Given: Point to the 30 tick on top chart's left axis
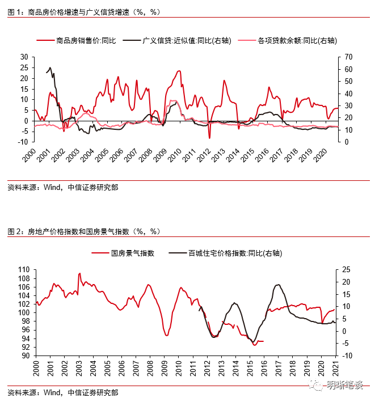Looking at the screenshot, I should point(23,57).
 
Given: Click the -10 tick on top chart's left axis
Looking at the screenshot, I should point(22,142).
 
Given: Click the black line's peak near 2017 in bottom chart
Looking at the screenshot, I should point(278,285).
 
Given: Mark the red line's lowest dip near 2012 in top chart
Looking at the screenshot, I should point(209,138).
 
